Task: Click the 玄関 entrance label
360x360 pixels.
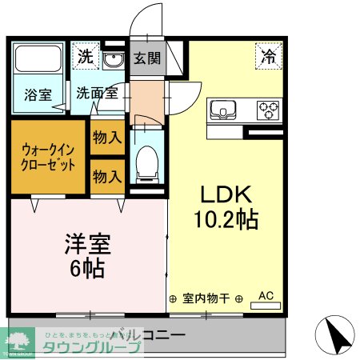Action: pos(146,58)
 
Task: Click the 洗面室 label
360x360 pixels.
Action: pos(97,92)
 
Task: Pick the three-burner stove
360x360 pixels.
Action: pos(268,108)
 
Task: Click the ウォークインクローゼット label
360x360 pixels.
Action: pos(49,157)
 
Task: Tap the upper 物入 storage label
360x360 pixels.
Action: pos(106,137)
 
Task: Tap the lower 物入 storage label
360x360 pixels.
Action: pos(106,176)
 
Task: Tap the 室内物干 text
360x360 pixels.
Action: pos(206,298)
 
